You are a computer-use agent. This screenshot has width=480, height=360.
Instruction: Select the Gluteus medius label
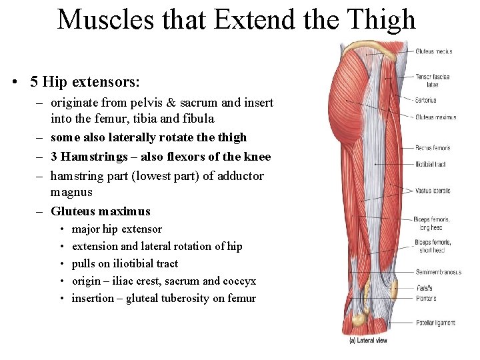pyautogui.click(x=433, y=51)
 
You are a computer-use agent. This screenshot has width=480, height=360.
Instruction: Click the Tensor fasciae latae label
pyautogui.click(x=433, y=81)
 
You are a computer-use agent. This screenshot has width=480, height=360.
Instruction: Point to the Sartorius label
pyautogui.click(x=425, y=101)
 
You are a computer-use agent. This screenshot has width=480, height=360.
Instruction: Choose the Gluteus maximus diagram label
pyautogui.click(x=435, y=117)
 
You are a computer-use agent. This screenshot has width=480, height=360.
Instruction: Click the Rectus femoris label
pyautogui.click(x=433, y=148)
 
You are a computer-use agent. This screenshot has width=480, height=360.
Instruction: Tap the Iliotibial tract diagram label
pyautogui.click(x=430, y=164)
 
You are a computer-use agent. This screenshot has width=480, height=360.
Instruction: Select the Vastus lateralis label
pyautogui.click(x=433, y=191)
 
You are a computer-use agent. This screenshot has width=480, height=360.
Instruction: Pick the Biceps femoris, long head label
pyautogui.click(x=431, y=223)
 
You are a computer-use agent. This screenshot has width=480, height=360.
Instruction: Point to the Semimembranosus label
pyautogui.click(x=438, y=272)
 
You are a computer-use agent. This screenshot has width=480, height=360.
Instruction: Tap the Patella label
pyautogui.click(x=424, y=289)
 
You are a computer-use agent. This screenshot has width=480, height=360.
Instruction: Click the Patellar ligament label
pyautogui.click(x=435, y=323)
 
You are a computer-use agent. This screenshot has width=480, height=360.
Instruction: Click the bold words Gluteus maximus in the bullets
pyautogui.click(x=101, y=211)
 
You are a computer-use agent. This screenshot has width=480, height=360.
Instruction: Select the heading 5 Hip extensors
pyautogui.click(x=85, y=82)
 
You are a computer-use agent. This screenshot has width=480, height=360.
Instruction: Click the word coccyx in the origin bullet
pyautogui.click(x=239, y=281)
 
